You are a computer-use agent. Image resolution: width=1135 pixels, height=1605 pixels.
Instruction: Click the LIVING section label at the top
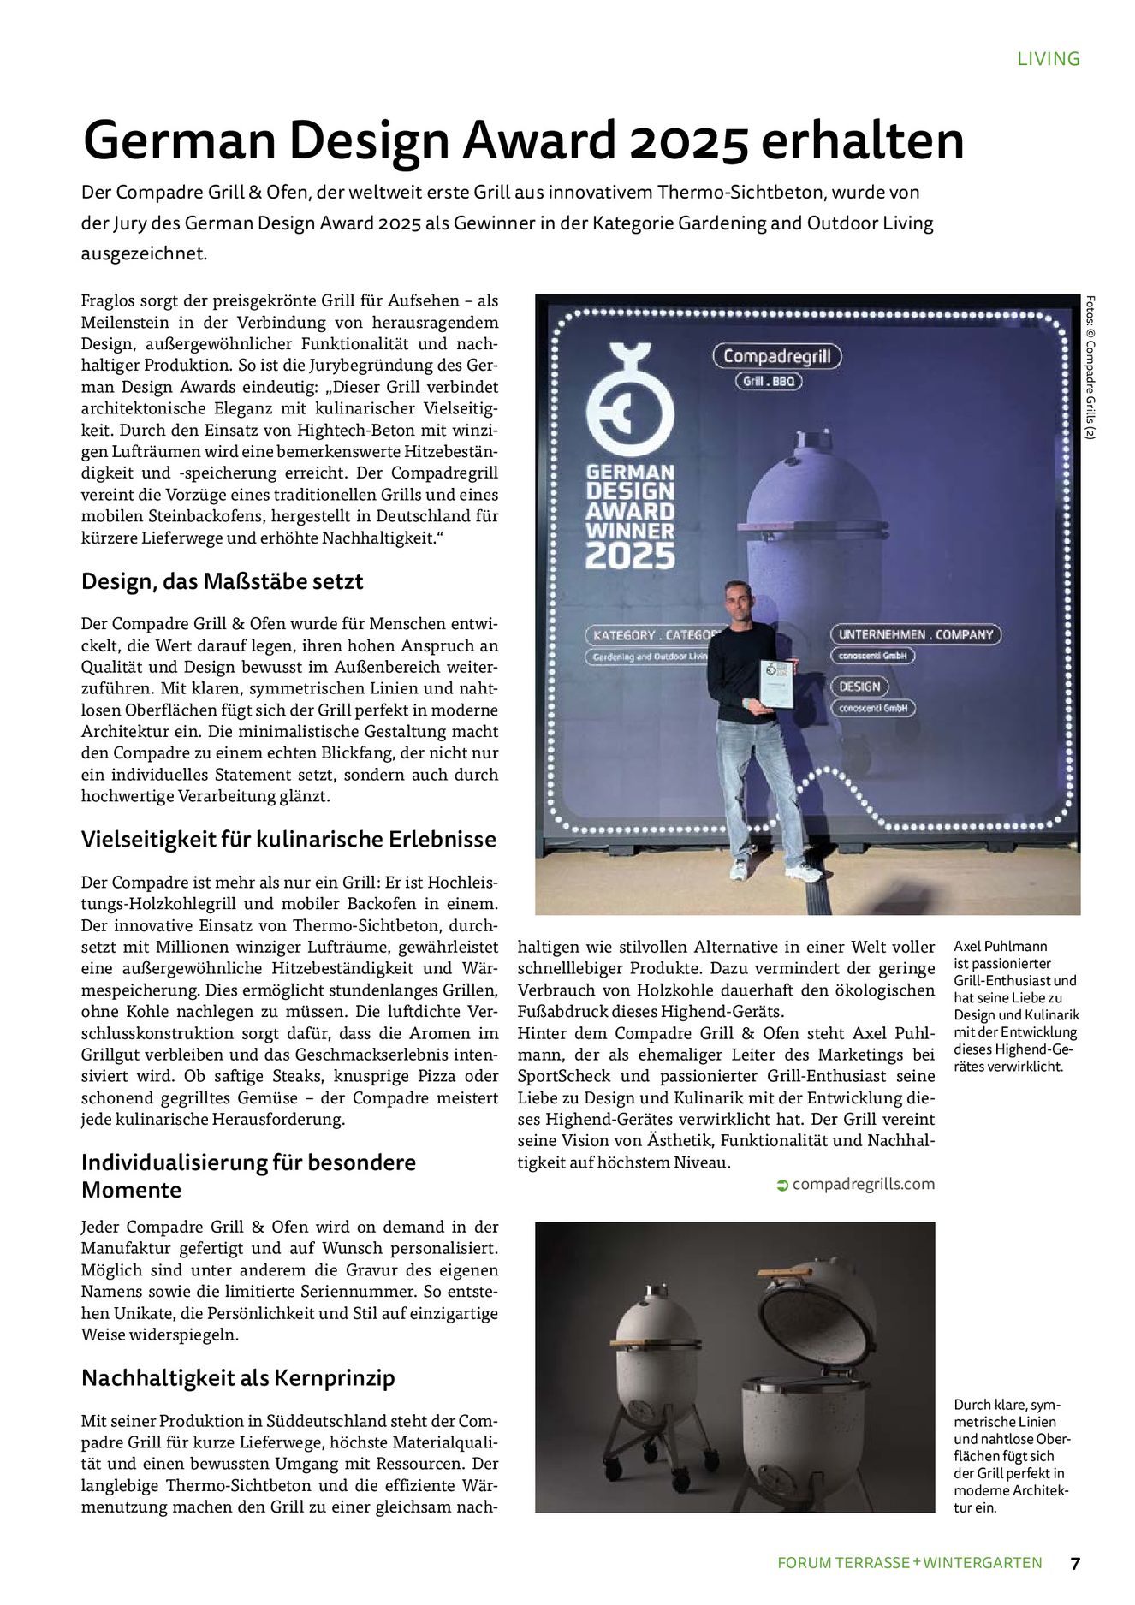1048,59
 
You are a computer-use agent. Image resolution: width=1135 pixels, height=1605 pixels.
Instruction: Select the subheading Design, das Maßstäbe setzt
223,581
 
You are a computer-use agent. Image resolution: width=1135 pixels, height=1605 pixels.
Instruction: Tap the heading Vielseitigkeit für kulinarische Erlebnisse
288,839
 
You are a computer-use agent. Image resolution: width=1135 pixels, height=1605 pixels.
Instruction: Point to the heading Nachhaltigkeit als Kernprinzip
238,1378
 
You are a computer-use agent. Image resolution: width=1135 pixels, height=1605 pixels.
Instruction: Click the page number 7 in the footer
1074,1562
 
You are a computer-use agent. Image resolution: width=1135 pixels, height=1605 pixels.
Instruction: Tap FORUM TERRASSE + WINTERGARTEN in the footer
909,1562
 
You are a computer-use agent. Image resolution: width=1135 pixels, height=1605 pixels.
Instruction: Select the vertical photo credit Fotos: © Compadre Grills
1090,368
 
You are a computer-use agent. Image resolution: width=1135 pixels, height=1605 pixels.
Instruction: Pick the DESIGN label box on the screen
859,687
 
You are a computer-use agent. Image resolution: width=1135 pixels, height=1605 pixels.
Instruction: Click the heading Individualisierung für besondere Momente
248,1175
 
